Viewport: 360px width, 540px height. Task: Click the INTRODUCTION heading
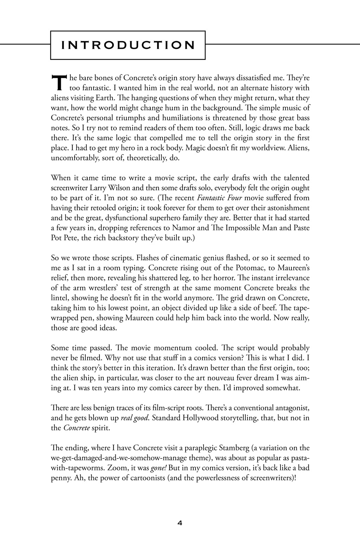coord(128,45)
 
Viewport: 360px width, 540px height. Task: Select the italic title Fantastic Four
coord(217,198)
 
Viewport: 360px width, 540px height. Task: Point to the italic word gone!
coord(159,469)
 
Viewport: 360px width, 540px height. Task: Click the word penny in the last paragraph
coord(60,478)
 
